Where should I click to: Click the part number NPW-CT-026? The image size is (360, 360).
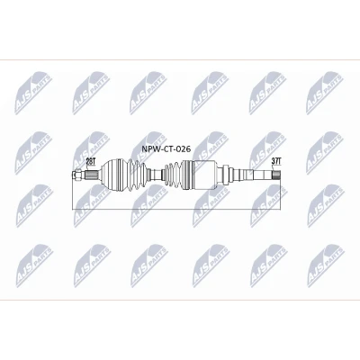point(166,148)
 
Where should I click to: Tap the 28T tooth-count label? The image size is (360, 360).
point(90,161)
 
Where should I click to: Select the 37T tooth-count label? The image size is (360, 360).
point(276,161)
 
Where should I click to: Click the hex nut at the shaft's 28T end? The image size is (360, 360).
point(77,175)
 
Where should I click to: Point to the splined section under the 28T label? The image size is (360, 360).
point(93,175)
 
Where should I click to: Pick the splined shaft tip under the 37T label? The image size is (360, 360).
point(276,175)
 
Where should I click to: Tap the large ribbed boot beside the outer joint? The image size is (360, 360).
point(137,175)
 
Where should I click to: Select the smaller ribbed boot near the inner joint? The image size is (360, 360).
point(173,175)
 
